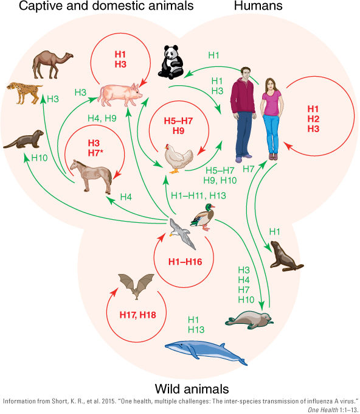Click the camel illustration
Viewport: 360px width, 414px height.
pos(52,64)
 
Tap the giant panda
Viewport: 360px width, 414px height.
pos(171,62)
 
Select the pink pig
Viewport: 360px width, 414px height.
pos(120,94)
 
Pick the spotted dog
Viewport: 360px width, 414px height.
pos(24,93)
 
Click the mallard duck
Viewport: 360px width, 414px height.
pos(203,217)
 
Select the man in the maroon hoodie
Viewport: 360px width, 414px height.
pos(243,114)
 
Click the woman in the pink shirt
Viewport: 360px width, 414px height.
pos(272,119)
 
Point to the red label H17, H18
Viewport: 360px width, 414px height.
pos(137,315)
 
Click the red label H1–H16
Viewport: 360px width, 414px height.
pos(185,262)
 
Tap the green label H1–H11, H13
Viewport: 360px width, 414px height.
pos(198,195)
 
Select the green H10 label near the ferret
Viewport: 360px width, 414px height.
pos(40,158)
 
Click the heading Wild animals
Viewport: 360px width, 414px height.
pos(192,389)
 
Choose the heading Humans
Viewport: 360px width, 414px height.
pos(258,6)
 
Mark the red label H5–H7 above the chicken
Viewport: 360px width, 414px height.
pos(178,121)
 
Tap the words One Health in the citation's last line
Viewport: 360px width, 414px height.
pos(323,410)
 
